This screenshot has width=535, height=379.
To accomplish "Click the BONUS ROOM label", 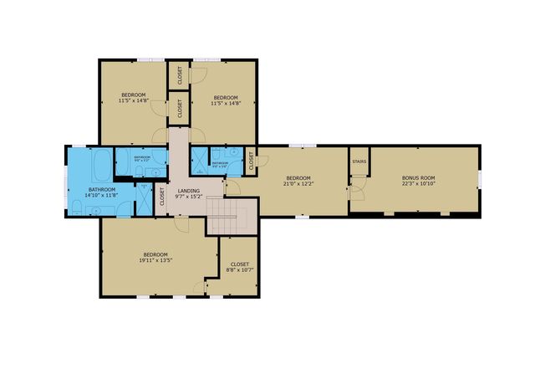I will pyautogui.click(x=418, y=178).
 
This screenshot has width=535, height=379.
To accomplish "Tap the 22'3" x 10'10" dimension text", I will pyautogui.click(x=418, y=184).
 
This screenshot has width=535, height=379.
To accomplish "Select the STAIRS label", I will pyautogui.click(x=359, y=161).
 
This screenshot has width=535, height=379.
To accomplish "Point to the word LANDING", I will pyautogui.click(x=188, y=192).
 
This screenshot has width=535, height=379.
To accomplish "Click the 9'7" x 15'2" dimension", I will pyautogui.click(x=188, y=197).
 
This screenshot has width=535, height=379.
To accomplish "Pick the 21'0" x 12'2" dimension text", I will pyautogui.click(x=298, y=184).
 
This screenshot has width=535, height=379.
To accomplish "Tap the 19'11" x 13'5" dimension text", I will pyautogui.click(x=155, y=260).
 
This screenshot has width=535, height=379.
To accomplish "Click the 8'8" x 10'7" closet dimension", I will pyautogui.click(x=240, y=270).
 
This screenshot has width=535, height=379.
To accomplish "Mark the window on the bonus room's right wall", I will pyautogui.click(x=479, y=178).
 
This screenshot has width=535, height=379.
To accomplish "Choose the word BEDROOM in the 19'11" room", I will pyautogui.click(x=155, y=254).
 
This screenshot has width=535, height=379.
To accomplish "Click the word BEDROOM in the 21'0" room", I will pyautogui.click(x=298, y=178).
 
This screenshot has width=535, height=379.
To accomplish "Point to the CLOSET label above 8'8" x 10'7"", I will pyautogui.click(x=240, y=264).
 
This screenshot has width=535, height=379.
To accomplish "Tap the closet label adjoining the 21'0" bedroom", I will pyautogui.click(x=252, y=156).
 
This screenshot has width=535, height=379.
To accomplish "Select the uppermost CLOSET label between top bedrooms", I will pyautogui.click(x=180, y=75).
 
